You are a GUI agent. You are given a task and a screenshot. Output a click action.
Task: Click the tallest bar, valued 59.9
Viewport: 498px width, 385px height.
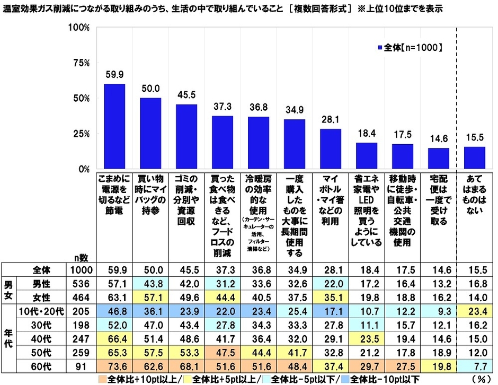pyautogui.click(x=114, y=127)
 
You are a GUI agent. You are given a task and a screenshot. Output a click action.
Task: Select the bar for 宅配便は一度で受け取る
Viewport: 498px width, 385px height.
pyautogui.click(x=439, y=159)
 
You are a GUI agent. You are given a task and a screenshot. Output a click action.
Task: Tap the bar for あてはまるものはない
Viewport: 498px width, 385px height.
pyautogui.click(x=475, y=158)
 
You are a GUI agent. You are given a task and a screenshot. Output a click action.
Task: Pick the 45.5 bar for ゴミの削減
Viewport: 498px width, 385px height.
pyautogui.click(x=186, y=137)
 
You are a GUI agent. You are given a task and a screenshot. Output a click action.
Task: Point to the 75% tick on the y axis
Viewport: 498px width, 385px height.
pyautogui.click(x=82, y=63)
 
